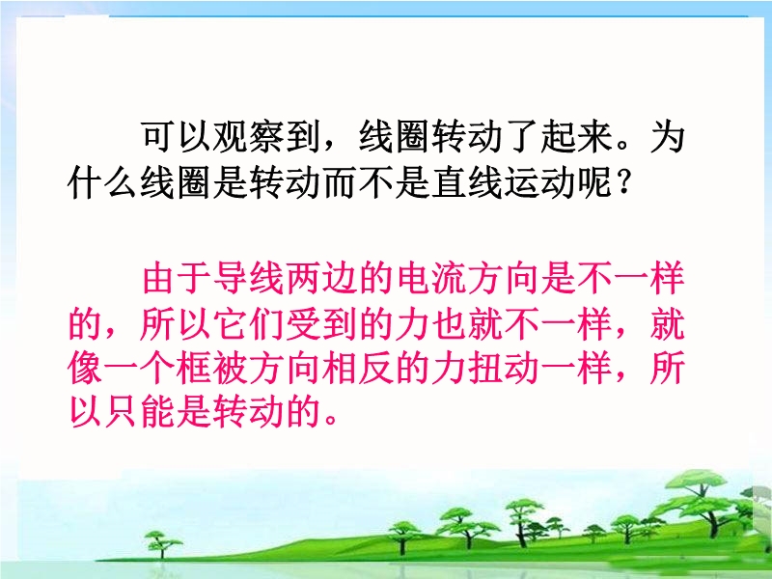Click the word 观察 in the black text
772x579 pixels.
(x=249, y=136)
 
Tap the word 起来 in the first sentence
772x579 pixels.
(x=576, y=136)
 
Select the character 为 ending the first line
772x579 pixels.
(x=668, y=136)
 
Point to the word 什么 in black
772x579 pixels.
(x=103, y=182)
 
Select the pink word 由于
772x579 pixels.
(x=177, y=278)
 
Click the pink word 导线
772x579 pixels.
(x=249, y=278)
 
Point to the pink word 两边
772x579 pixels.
(x=321, y=278)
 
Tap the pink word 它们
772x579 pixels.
(x=249, y=324)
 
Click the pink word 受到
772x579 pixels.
(x=321, y=324)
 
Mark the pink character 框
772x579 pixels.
(x=194, y=369)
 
